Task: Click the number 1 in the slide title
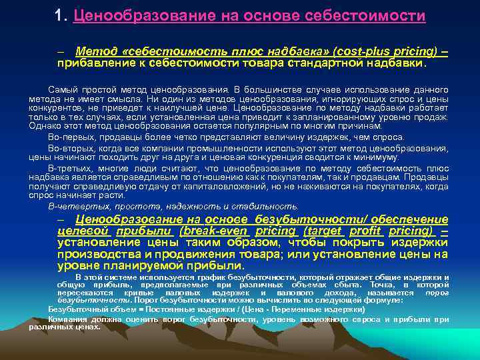pos(60,15)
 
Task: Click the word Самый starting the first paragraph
pos(63,89)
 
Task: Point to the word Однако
pos(43,125)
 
